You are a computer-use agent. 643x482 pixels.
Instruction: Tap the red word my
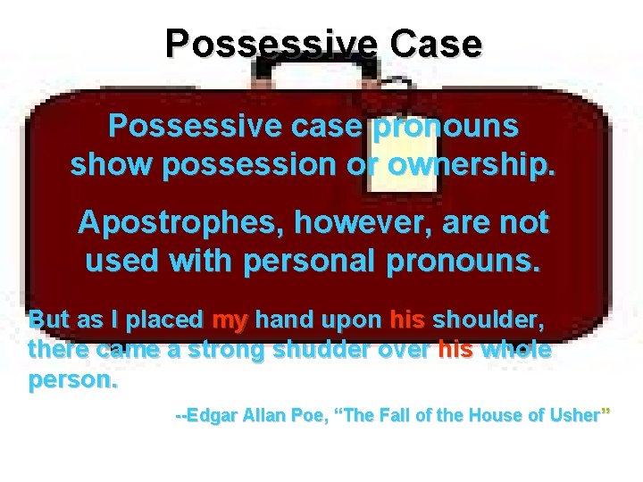[x=231, y=320]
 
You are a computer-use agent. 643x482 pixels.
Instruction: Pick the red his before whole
[x=455, y=351]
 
